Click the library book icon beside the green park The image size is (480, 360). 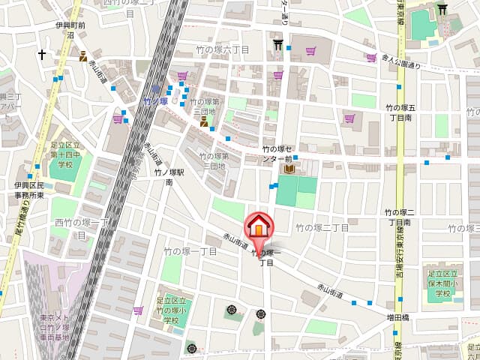coord(289,169)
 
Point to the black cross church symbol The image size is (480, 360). coord(42,55)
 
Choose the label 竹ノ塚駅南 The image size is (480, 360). coord(164,177)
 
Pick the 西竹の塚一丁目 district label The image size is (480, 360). coord(81,228)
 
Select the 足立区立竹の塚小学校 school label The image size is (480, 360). coord(174,310)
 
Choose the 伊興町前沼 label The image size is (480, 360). coord(70,29)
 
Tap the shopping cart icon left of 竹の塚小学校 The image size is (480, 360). coord(138,310)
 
